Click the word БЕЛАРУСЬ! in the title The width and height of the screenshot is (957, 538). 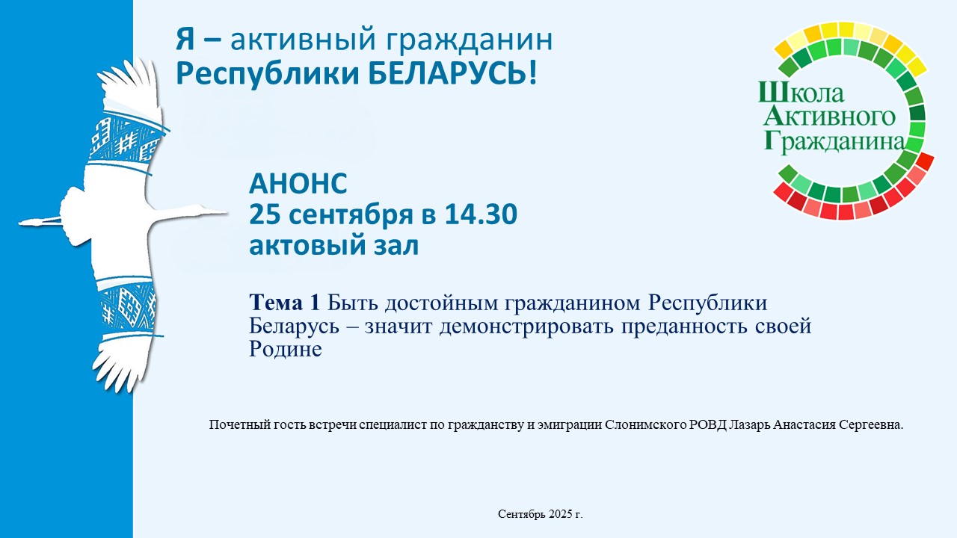point(452,73)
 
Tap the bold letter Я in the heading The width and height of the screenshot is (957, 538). point(185,39)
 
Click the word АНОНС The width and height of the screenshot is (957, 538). point(298,184)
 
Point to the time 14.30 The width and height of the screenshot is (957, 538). point(481,214)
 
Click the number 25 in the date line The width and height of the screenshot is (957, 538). point(264,214)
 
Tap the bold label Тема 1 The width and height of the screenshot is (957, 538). point(285,303)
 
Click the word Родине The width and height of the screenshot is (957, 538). point(286,349)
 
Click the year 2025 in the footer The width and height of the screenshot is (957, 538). point(560,515)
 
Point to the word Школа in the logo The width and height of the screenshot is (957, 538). point(801,92)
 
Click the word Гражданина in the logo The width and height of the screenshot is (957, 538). point(834,141)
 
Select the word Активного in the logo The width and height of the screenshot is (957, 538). point(829,116)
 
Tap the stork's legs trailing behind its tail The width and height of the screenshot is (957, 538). point(40,221)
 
